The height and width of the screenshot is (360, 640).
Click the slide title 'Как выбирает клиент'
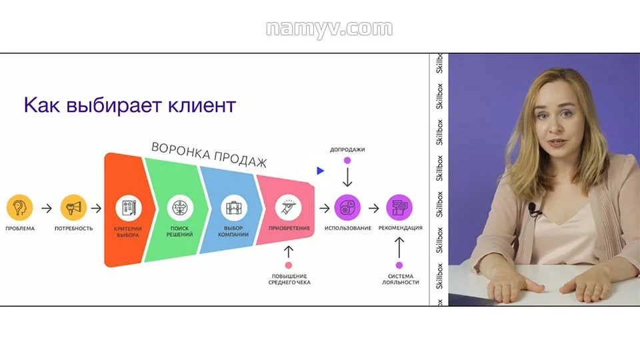(x=130, y=105)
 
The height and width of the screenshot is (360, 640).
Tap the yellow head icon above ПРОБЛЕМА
(x=19, y=207)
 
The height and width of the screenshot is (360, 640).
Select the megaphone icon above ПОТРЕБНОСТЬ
(x=73, y=207)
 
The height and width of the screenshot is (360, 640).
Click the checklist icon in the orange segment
(x=127, y=207)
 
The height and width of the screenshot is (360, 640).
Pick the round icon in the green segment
(x=180, y=207)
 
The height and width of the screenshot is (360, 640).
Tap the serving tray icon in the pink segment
(x=289, y=207)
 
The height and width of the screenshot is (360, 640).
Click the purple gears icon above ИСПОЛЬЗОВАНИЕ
(x=347, y=207)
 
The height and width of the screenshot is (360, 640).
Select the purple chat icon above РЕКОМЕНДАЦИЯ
(x=399, y=207)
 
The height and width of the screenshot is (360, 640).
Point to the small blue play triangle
(x=320, y=171)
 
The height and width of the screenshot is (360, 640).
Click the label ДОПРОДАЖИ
(x=347, y=149)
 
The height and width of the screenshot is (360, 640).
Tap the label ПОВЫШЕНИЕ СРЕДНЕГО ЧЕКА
(x=290, y=279)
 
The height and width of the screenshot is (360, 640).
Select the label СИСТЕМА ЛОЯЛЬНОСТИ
(x=400, y=279)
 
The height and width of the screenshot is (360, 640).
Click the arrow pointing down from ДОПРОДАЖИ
(x=347, y=177)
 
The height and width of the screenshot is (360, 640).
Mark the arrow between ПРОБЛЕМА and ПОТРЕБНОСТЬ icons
(x=47, y=208)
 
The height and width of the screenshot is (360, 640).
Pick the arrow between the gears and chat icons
(x=374, y=208)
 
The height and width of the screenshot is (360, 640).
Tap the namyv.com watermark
(x=329, y=29)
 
